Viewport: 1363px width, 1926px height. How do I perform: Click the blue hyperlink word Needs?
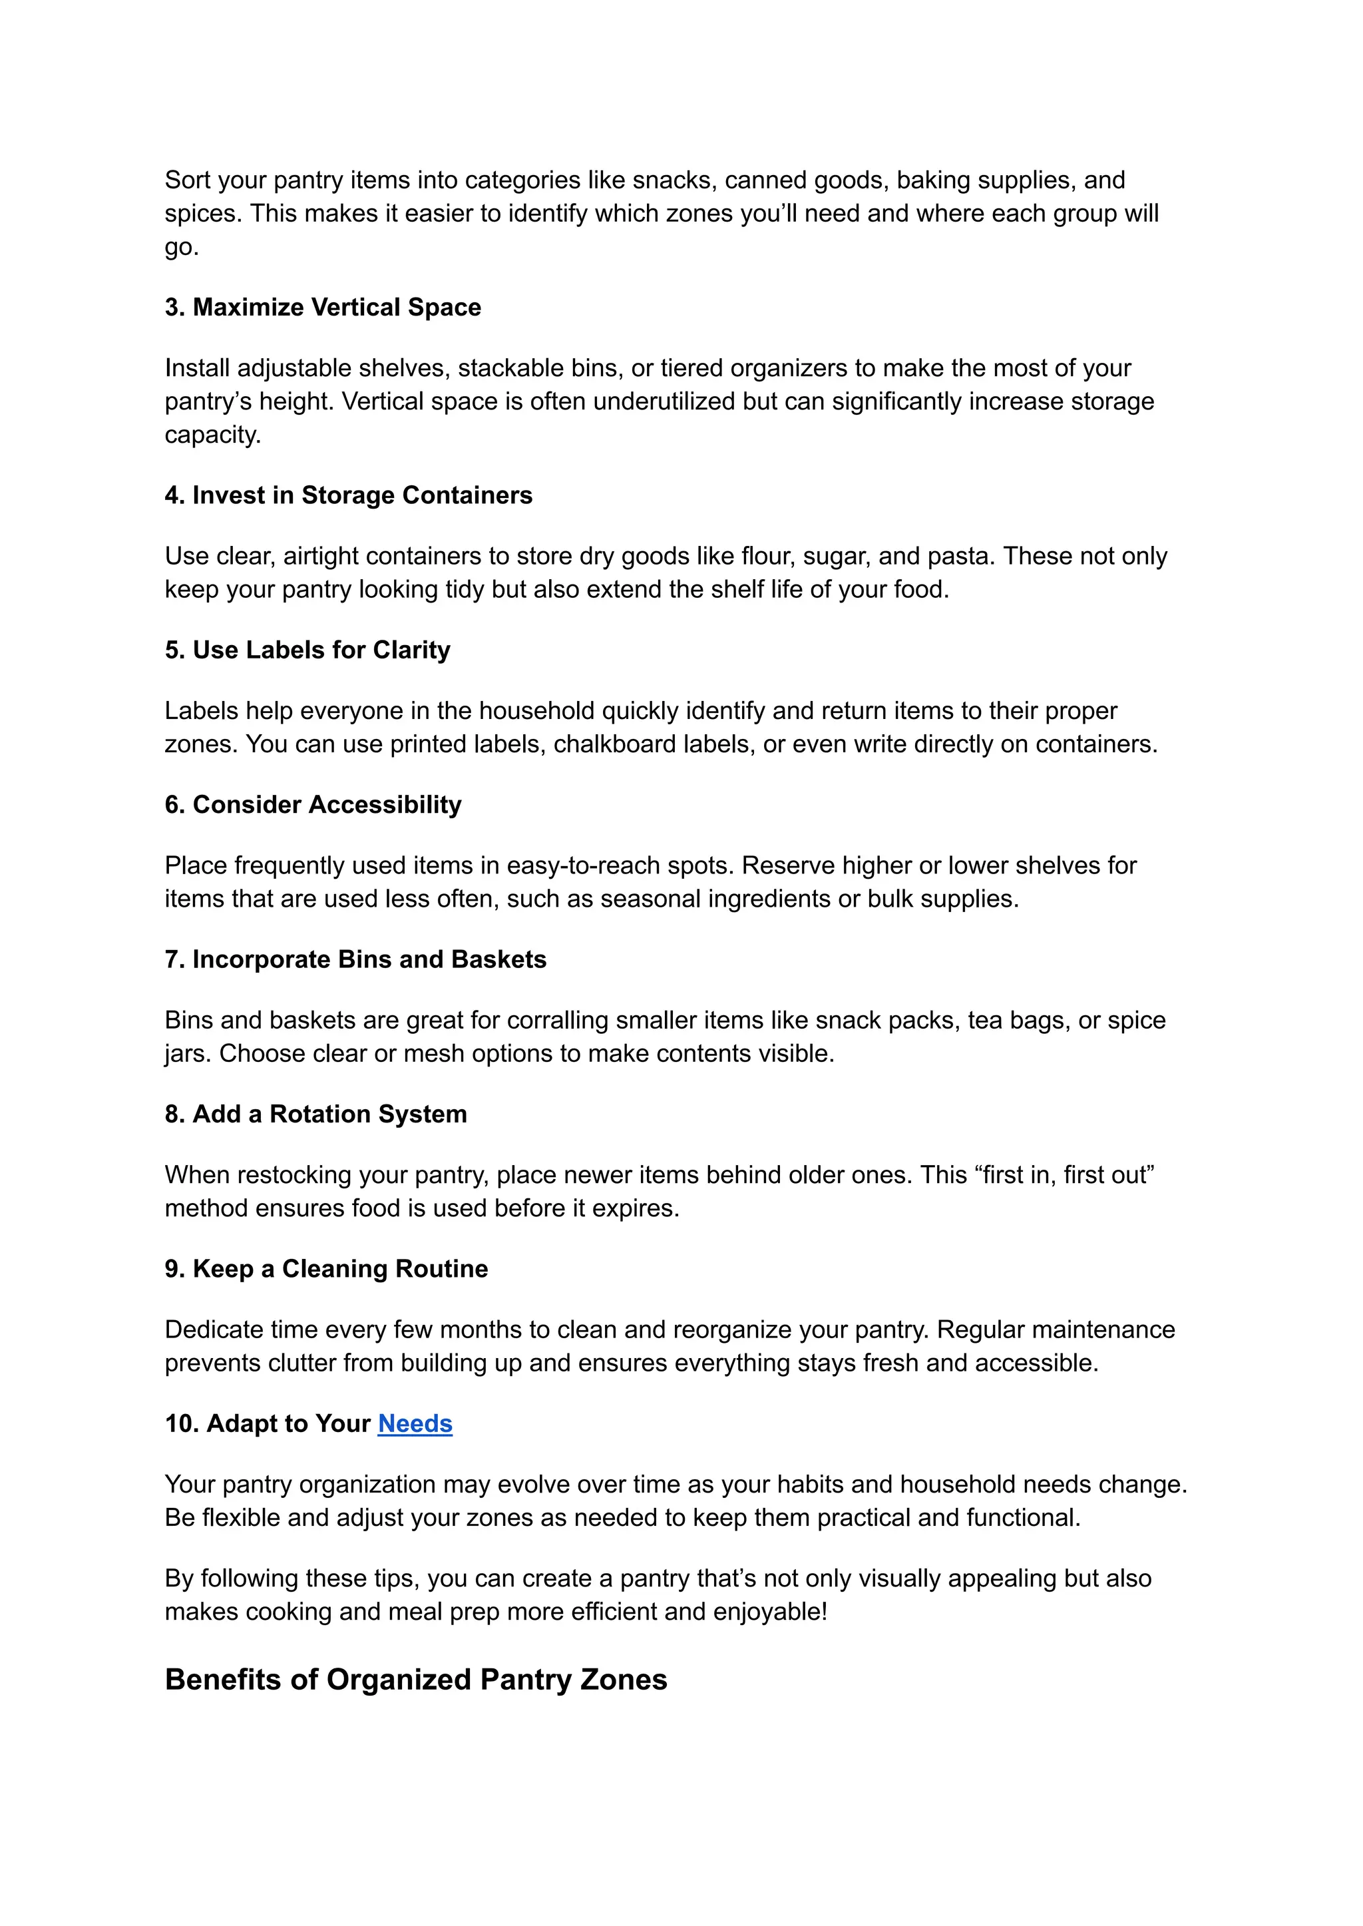(x=415, y=1424)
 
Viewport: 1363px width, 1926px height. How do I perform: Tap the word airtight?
(x=321, y=556)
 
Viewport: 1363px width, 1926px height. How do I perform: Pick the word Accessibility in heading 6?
(x=385, y=805)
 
